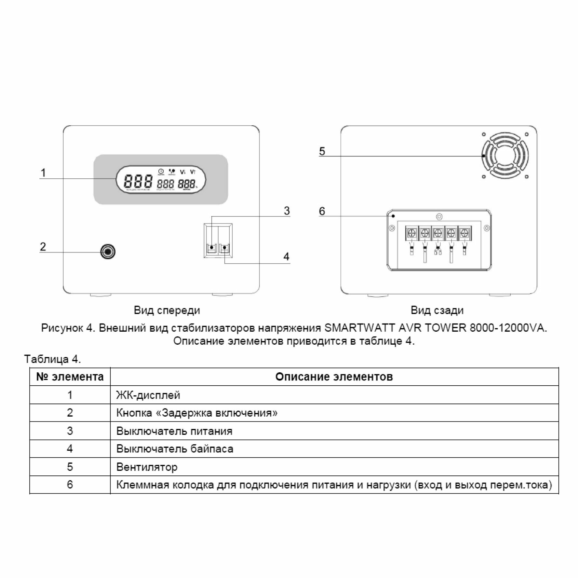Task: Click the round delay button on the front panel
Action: point(108,252)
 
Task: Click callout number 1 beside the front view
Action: point(43,172)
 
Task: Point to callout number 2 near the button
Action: point(43,247)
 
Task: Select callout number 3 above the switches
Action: point(287,211)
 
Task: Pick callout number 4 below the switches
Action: point(286,257)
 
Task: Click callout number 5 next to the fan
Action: point(322,151)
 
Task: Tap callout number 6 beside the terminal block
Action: point(322,211)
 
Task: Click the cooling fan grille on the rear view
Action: point(505,156)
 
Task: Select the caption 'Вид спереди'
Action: point(167,310)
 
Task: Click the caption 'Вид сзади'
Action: point(437,310)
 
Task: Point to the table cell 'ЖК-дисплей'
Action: point(148,395)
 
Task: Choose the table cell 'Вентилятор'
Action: point(147,467)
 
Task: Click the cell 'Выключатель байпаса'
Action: point(175,449)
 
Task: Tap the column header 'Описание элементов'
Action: point(334,377)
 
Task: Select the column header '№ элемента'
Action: point(70,377)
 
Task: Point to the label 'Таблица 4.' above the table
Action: point(52,359)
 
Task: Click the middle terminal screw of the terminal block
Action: point(438,233)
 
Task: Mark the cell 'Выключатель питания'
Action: point(174,431)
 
